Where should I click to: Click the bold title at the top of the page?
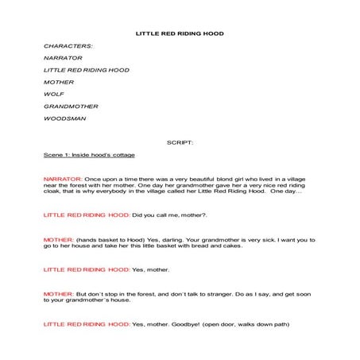click(180, 33)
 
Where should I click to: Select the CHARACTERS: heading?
click(68, 46)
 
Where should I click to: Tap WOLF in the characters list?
click(55, 94)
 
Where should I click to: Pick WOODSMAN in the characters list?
click(65, 118)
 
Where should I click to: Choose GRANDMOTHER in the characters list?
click(72, 106)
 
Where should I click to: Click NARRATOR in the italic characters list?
click(63, 58)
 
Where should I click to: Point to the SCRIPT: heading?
click(180, 142)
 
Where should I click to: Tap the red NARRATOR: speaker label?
click(63, 179)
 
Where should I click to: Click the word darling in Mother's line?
click(182, 239)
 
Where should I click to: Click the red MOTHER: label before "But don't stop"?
click(59, 294)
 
